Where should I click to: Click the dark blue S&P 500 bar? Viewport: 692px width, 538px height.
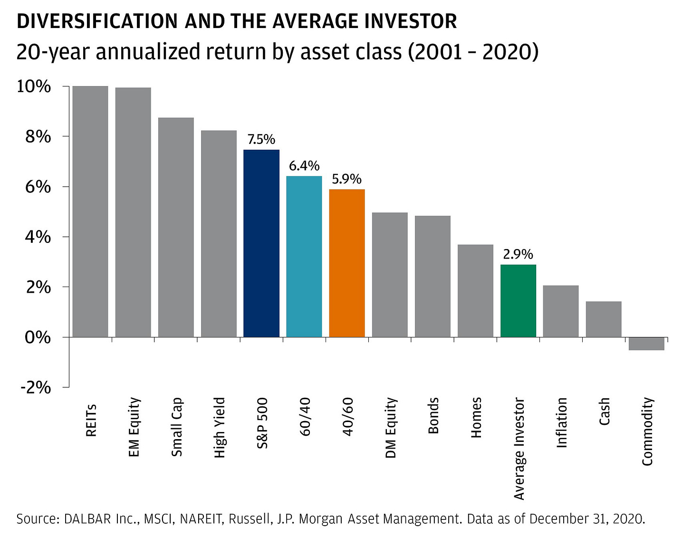261,243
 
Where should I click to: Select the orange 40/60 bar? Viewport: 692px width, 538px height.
347,263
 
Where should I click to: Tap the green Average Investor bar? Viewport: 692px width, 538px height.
518,301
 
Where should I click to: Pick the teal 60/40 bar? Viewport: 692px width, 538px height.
304,257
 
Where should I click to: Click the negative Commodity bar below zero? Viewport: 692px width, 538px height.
646,344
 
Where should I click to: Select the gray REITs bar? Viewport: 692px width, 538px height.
90,211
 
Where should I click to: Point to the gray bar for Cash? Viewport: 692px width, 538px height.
604,319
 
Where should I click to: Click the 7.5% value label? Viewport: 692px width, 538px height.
261,140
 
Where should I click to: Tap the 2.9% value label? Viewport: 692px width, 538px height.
518,255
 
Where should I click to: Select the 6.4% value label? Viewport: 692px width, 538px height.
304,166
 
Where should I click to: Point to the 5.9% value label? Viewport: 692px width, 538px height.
347,179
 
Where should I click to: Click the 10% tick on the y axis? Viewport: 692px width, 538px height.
34,86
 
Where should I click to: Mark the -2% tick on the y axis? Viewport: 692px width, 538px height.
35,387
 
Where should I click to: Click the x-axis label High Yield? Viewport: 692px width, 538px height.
219,428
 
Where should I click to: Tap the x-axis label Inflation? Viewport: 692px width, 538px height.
561,423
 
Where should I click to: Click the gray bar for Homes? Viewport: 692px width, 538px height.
475,291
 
